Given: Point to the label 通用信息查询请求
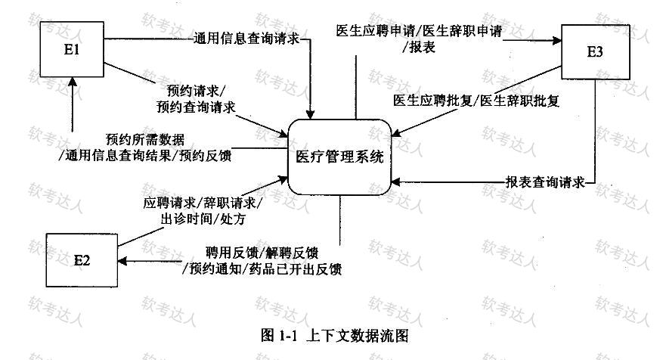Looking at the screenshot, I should tap(248, 39).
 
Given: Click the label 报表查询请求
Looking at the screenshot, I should tap(546, 182).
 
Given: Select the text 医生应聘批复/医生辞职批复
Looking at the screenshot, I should tap(476, 99).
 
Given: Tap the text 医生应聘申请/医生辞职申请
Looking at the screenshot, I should tap(420, 31).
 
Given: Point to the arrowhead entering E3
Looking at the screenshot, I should tap(556, 35).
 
